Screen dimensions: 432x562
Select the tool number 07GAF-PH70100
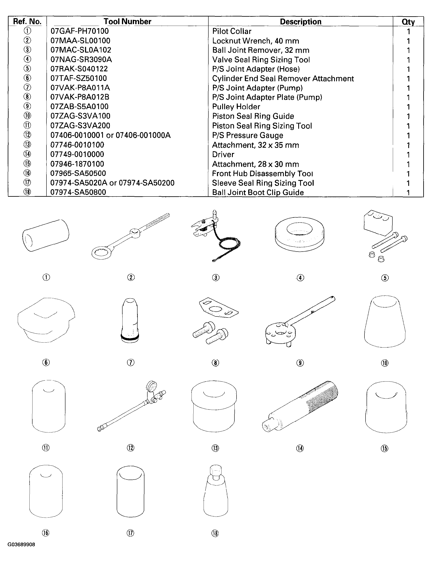coord(80,31)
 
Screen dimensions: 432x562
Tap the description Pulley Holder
coord(236,107)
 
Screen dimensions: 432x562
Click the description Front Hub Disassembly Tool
coord(262,174)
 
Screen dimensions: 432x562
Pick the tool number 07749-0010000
coord(77,154)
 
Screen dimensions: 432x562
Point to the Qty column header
coord(408,22)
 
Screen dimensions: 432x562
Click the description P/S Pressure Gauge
coord(248,135)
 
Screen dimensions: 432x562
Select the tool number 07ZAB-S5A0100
coord(79,107)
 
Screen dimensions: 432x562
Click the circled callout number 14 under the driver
coord(300,448)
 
